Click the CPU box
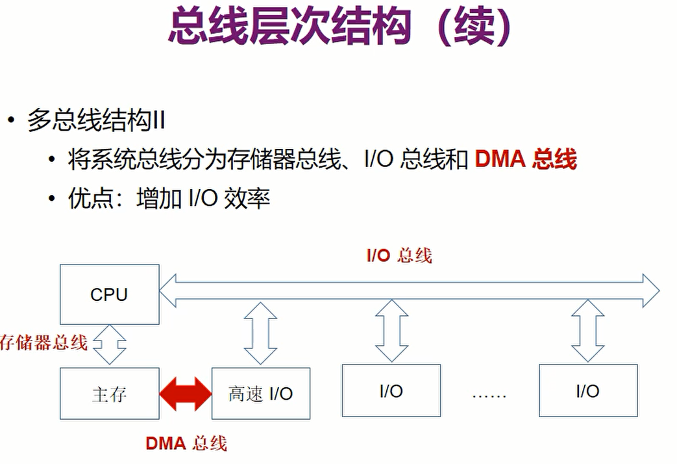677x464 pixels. tap(109, 294)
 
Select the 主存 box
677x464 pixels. tap(109, 394)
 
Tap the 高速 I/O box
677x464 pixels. tap(260, 394)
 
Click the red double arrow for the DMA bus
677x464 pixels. tap(186, 394)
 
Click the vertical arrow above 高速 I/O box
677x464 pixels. tap(260, 333)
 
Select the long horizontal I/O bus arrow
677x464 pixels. tap(409, 290)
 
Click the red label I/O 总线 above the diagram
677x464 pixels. tap(399, 255)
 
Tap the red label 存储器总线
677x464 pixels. tap(43, 342)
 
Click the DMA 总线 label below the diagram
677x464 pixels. tap(186, 443)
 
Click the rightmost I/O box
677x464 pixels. tap(587, 391)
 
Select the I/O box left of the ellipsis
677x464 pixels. tap(391, 391)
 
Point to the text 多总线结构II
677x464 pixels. tap(95, 121)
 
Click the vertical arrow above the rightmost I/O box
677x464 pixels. tap(587, 330)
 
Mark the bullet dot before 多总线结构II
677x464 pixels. tap(11, 121)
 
